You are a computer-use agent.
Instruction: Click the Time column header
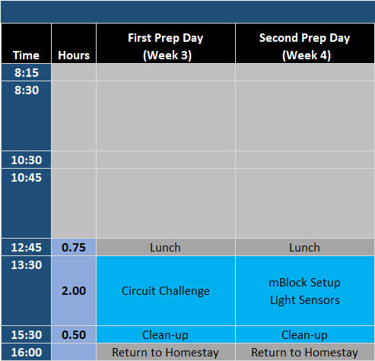click(26, 55)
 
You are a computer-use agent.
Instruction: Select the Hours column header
click(74, 55)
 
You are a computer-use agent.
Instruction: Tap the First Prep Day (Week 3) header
click(166, 46)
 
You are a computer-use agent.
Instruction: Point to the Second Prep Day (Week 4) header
click(304, 46)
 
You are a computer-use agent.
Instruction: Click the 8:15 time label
click(27, 73)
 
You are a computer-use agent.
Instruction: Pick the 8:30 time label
click(27, 90)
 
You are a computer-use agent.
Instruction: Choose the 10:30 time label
click(27, 160)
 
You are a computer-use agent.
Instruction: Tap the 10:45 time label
click(27, 178)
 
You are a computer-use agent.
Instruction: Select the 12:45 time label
click(27, 248)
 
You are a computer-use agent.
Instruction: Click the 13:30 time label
click(27, 265)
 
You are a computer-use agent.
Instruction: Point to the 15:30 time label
click(27, 335)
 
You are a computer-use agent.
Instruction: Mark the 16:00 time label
click(27, 353)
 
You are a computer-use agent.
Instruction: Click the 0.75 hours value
click(74, 248)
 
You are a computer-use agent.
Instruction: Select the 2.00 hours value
click(74, 291)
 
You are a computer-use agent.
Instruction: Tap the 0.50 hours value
click(74, 335)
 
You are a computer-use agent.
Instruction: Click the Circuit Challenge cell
click(166, 291)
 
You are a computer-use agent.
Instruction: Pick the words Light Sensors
click(305, 300)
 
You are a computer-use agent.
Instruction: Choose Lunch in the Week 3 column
click(165, 248)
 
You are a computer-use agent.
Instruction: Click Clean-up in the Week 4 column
click(304, 335)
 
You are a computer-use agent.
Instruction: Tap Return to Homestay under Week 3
click(165, 353)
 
